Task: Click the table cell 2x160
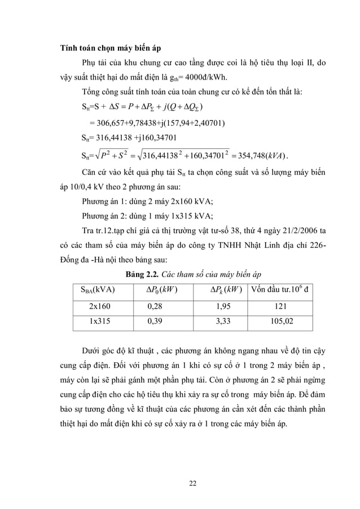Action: [100, 306]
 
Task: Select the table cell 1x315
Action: [100, 323]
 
